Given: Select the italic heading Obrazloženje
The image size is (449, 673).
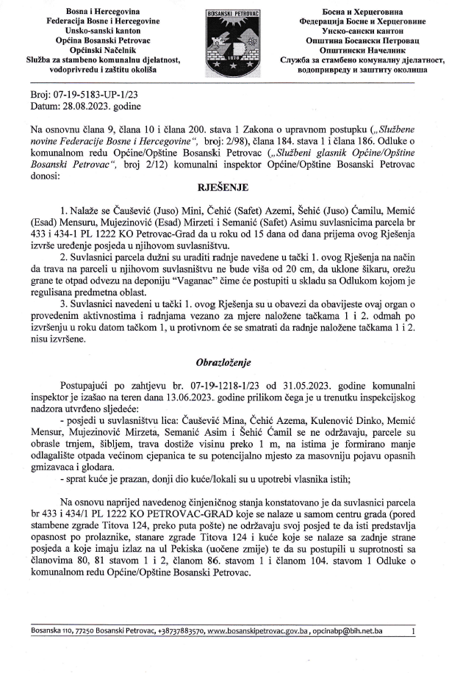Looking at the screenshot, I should click(x=223, y=362).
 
